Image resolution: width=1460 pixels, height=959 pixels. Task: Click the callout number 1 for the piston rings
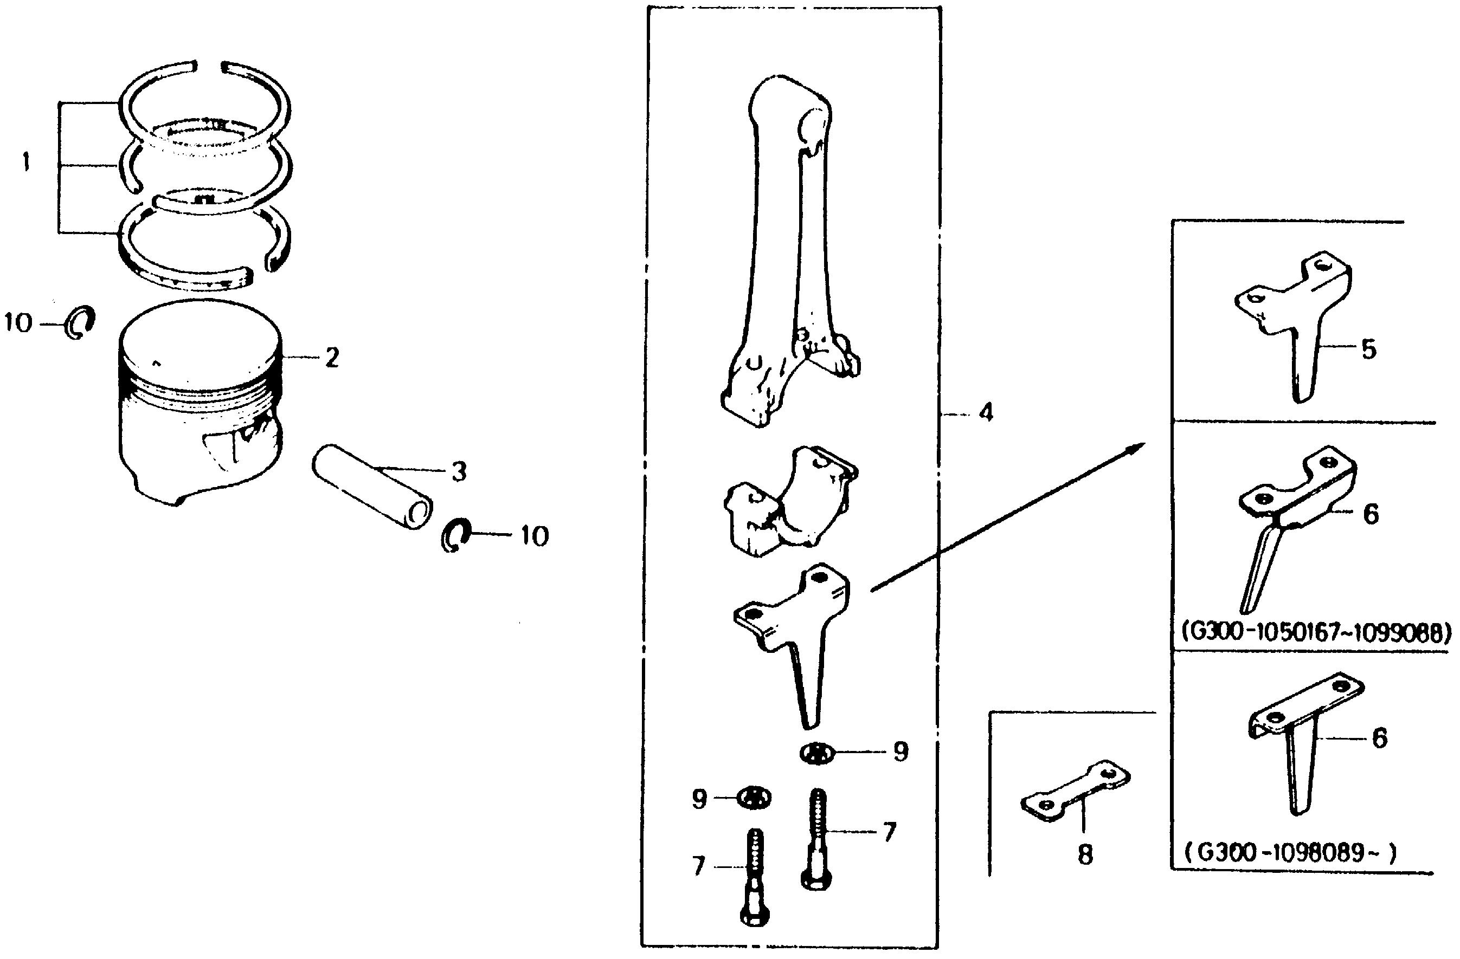26,163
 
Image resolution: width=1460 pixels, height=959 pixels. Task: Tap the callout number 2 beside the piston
332,358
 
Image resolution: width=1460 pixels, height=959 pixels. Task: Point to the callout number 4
985,413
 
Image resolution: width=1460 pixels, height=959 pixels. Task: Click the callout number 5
1368,350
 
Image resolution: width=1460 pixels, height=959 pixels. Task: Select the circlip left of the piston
80,322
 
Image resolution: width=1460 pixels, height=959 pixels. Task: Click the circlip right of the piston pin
456,535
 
